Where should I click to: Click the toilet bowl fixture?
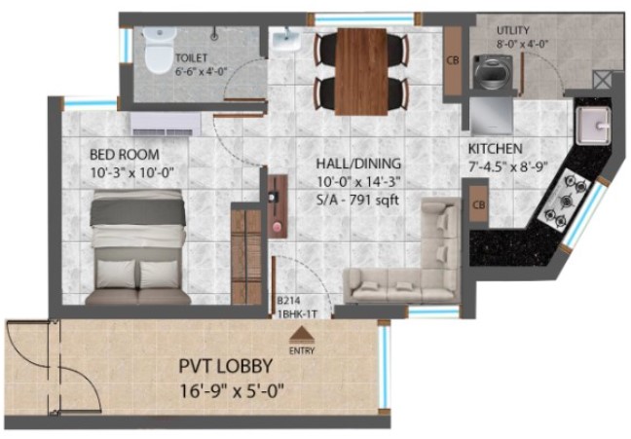(160, 51)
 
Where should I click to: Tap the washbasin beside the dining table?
(286, 40)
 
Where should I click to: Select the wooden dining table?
(361, 72)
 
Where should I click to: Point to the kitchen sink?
(594, 126)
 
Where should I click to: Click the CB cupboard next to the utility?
(453, 60)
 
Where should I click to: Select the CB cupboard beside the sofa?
(479, 204)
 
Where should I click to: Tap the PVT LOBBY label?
(226, 366)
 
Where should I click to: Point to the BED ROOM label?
(125, 155)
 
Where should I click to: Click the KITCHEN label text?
(496, 149)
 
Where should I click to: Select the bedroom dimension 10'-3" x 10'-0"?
(131, 172)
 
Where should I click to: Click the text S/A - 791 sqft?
(357, 200)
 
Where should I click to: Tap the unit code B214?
(288, 301)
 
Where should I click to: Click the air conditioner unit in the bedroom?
(166, 124)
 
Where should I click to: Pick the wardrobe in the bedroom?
(246, 255)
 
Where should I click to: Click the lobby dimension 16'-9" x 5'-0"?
(232, 390)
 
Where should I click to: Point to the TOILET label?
(192, 58)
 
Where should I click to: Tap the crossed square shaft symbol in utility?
(603, 80)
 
